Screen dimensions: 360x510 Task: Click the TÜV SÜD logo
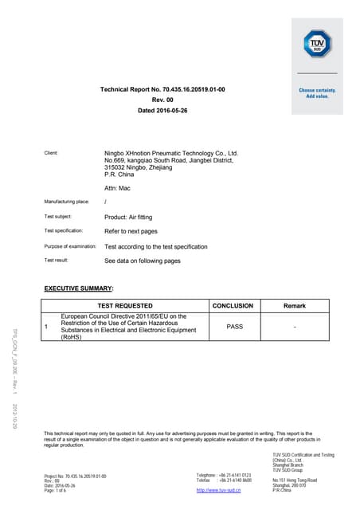pos(316,42)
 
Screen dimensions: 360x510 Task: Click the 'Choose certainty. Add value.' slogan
pos(316,93)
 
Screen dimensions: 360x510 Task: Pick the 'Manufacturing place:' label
pos(66,202)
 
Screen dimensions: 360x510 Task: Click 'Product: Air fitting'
pos(128,217)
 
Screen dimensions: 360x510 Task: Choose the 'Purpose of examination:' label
pos(70,246)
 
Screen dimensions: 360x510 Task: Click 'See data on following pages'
pos(143,261)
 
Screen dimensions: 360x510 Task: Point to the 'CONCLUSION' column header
pos(233,305)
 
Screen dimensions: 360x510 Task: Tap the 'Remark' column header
pos(295,305)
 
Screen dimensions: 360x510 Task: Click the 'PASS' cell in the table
pos(234,326)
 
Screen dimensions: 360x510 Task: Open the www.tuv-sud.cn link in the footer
pos(218,490)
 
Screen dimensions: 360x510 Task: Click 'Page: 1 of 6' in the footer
pos(57,490)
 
